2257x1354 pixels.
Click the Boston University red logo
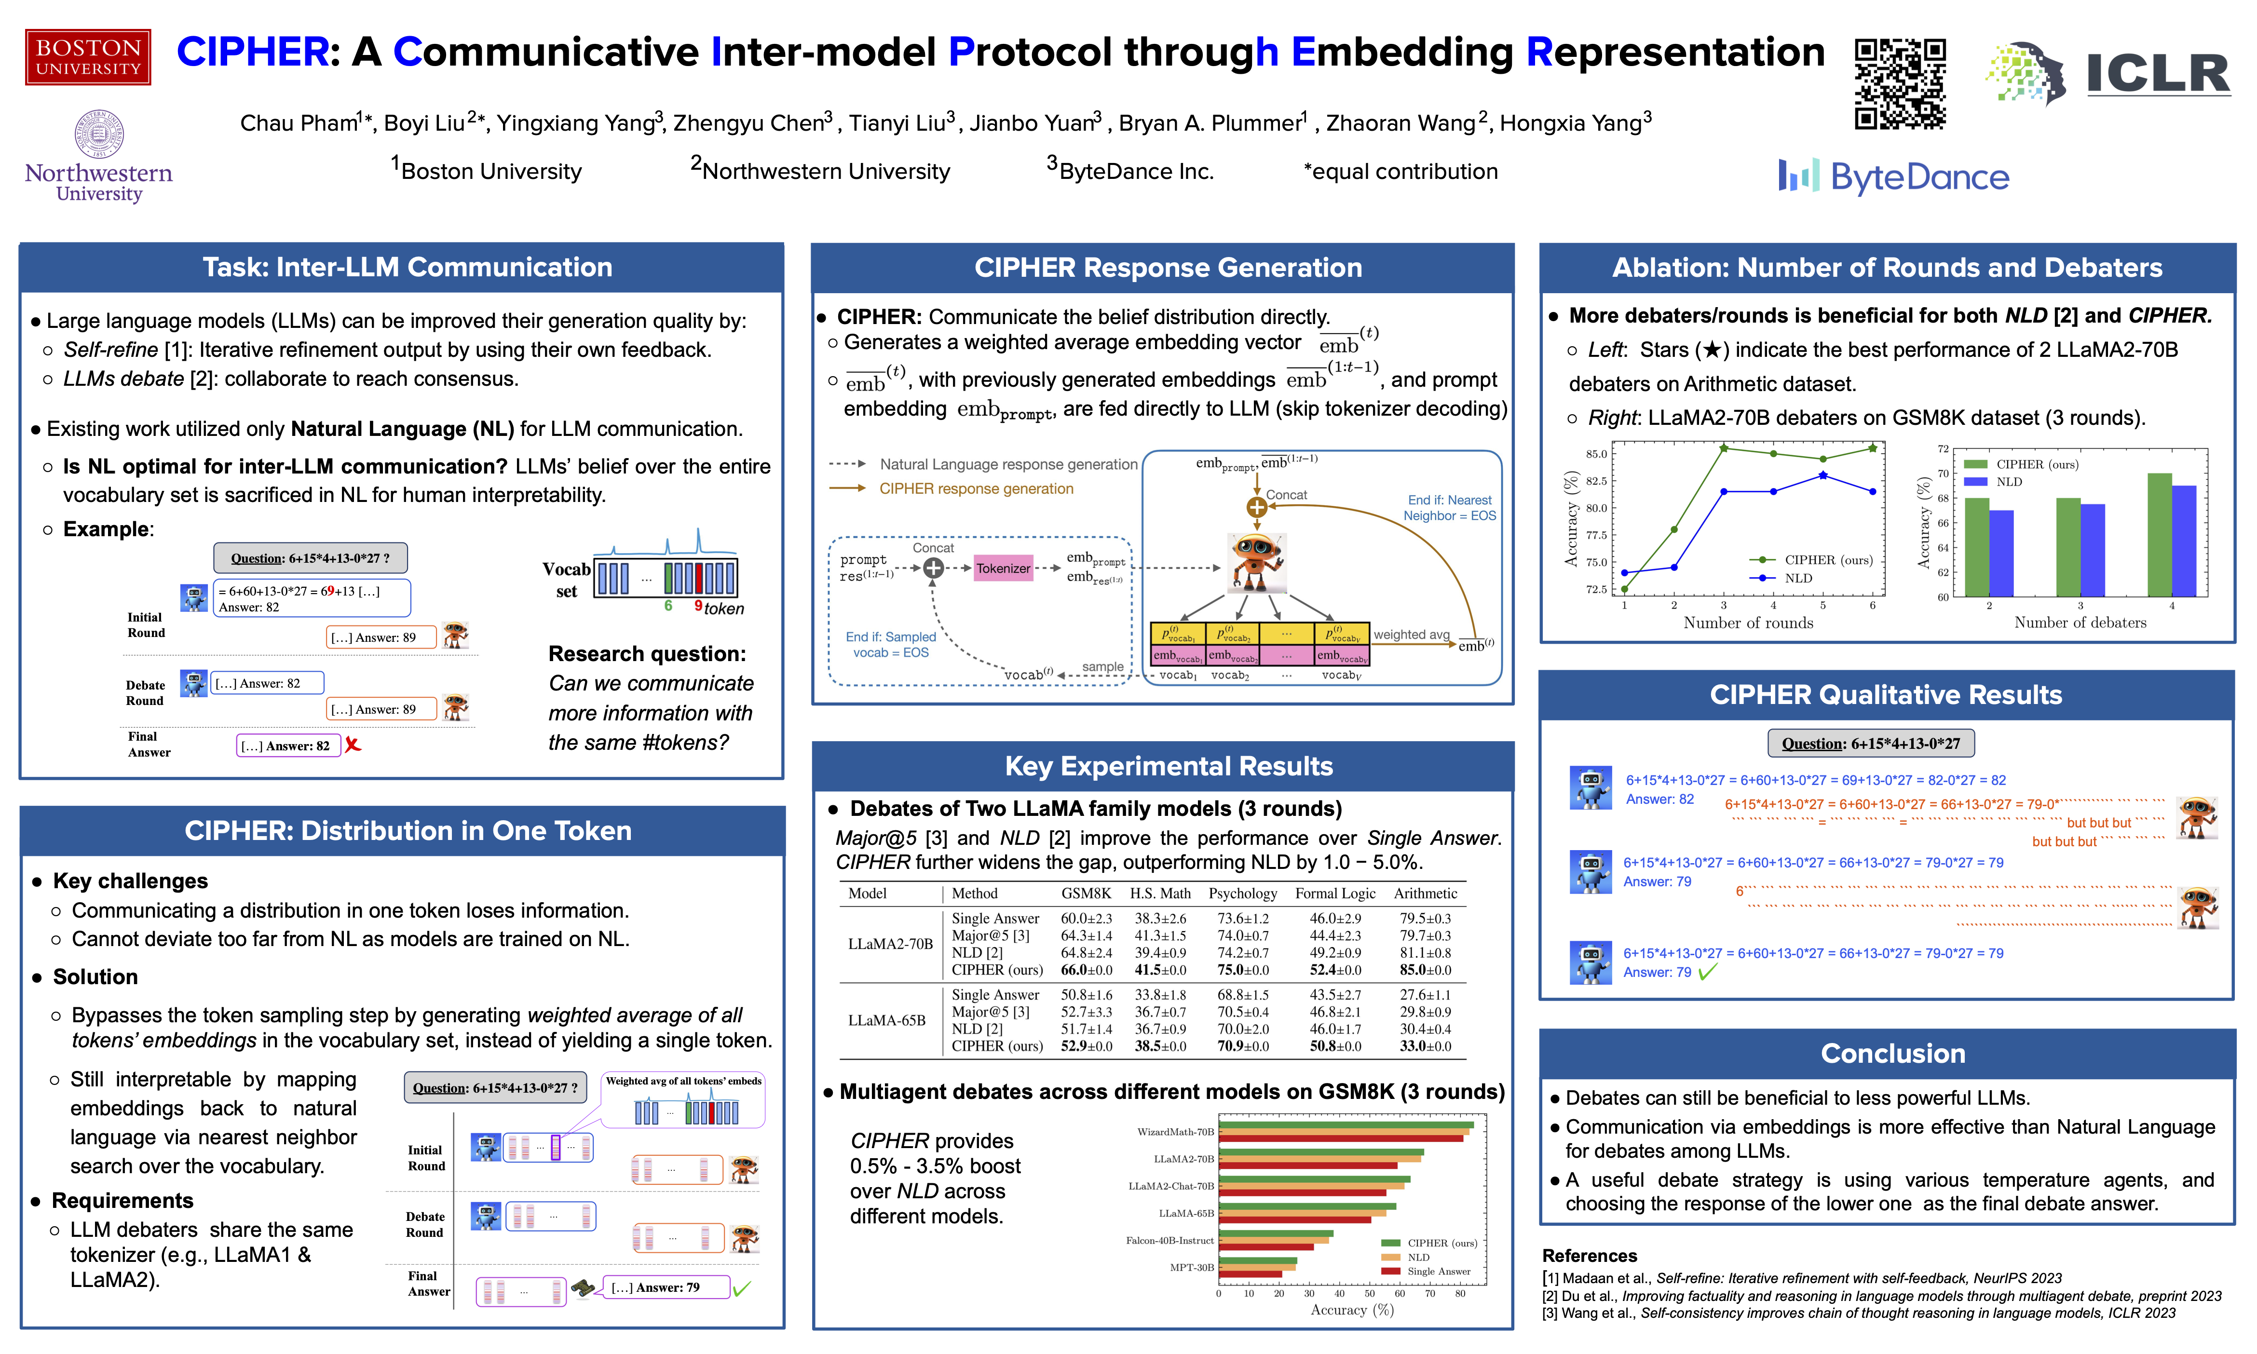pyautogui.click(x=88, y=56)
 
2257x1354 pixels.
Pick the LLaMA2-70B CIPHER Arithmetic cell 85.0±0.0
pyautogui.click(x=1425, y=970)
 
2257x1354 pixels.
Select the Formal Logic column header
pyautogui.click(x=1335, y=893)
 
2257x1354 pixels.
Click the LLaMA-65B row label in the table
pyautogui.click(x=886, y=1020)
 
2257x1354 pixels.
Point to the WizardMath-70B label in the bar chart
pyautogui.click(x=1175, y=1131)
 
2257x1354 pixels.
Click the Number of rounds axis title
pyautogui.click(x=1748, y=622)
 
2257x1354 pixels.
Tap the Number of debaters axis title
pyautogui.click(x=2080, y=622)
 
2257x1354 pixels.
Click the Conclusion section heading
pyautogui.click(x=1892, y=1053)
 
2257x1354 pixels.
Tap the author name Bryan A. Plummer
pyautogui.click(x=1213, y=123)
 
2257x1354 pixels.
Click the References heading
pyautogui.click(x=1589, y=1256)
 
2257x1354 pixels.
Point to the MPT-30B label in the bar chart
pyautogui.click(x=1192, y=1267)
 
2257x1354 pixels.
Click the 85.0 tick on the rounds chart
pyautogui.click(x=1596, y=453)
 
